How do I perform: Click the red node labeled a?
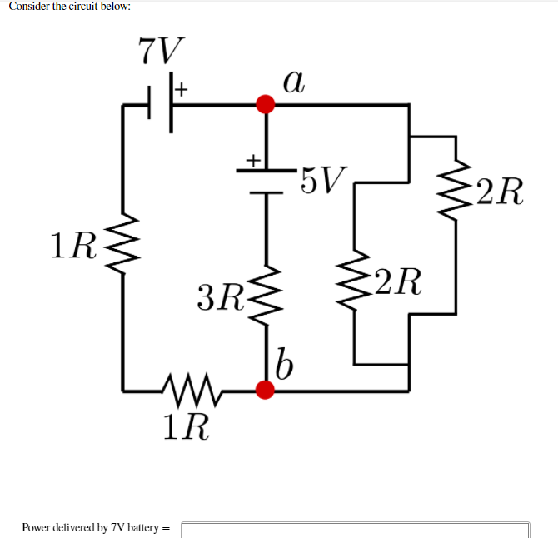(x=266, y=104)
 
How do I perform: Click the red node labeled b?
(x=266, y=389)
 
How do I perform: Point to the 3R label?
(x=219, y=296)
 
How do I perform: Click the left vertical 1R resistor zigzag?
(x=123, y=243)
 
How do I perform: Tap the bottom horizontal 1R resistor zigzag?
(x=193, y=387)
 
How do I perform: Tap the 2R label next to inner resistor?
(x=396, y=282)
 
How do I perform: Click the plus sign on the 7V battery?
(x=183, y=86)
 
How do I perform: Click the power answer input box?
(x=355, y=528)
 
